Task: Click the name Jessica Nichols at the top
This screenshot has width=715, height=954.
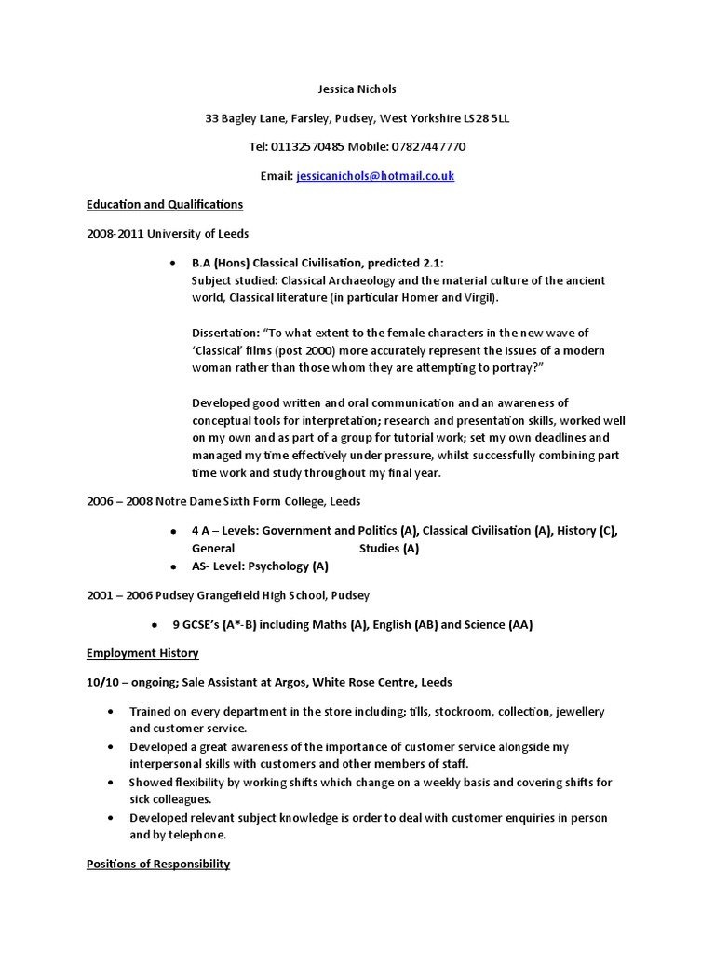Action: pos(357,89)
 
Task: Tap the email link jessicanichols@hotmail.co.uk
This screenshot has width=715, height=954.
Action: pos(375,175)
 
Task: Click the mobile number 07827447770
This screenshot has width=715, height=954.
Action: pos(429,147)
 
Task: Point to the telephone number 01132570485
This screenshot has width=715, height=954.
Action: pos(307,147)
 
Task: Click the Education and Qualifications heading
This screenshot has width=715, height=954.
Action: pos(165,204)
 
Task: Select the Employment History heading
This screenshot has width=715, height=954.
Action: pos(142,653)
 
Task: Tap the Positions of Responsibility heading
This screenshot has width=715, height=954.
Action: pos(158,864)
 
